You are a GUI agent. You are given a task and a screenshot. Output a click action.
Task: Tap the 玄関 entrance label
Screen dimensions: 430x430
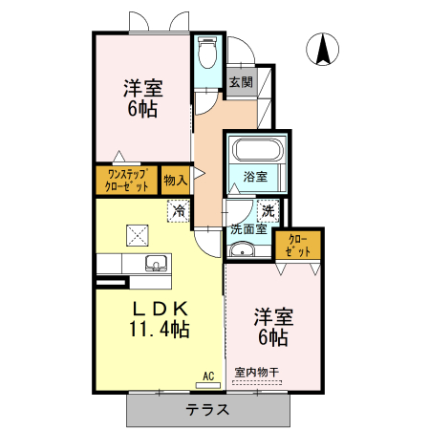click(240, 83)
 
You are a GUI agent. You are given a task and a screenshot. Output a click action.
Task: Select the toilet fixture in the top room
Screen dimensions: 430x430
click(206, 54)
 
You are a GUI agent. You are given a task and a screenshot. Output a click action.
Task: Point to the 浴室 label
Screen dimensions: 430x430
click(253, 177)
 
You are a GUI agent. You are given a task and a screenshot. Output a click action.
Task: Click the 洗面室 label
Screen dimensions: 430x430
click(247, 229)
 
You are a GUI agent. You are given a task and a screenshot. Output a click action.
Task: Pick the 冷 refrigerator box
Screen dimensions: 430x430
click(178, 210)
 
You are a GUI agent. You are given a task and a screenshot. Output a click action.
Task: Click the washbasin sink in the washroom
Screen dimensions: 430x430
click(242, 250)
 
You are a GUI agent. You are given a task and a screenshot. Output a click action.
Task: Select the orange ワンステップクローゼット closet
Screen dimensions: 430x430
click(126, 181)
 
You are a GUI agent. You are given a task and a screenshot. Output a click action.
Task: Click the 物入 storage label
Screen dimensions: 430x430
click(175, 180)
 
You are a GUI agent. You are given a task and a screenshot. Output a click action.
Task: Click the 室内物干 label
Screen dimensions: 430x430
click(257, 372)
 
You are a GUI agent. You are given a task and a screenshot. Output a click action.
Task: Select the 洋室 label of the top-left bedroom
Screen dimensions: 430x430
click(142, 88)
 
